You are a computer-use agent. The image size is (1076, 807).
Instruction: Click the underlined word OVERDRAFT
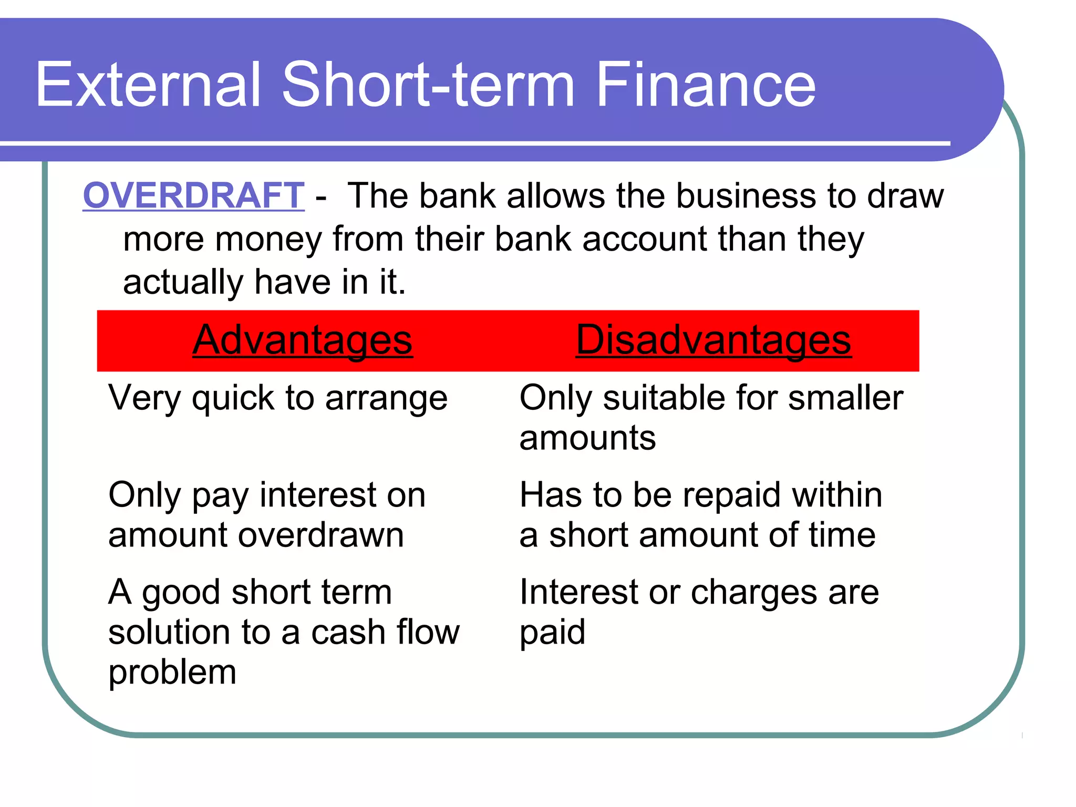[x=193, y=195]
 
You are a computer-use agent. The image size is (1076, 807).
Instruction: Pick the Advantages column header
[x=303, y=340]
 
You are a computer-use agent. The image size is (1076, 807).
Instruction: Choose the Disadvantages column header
[x=713, y=340]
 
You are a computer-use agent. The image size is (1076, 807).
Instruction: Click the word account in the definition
[x=645, y=239]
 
